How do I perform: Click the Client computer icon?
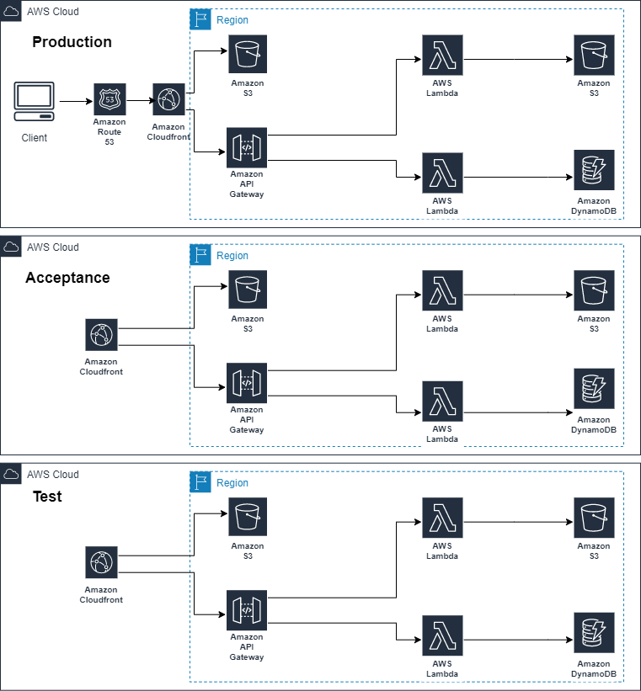(34, 100)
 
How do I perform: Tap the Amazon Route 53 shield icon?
(110, 99)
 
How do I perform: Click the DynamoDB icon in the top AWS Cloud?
(594, 171)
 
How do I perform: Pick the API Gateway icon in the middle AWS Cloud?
(247, 382)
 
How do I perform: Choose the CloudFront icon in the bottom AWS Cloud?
(101, 562)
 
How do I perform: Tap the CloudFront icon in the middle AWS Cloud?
(101, 335)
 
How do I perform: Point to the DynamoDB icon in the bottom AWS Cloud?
(594, 634)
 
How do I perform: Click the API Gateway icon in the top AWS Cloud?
(247, 147)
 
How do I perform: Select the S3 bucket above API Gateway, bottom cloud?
(248, 518)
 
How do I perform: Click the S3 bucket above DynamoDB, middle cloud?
(594, 290)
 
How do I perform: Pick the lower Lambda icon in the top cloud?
(442, 173)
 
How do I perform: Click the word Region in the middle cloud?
(232, 256)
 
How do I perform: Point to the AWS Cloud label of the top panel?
(52, 12)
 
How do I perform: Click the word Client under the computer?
(34, 138)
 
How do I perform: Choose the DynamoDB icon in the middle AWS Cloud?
(594, 389)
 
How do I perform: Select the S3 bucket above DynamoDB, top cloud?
(594, 55)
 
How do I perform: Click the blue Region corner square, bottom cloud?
(200, 482)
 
